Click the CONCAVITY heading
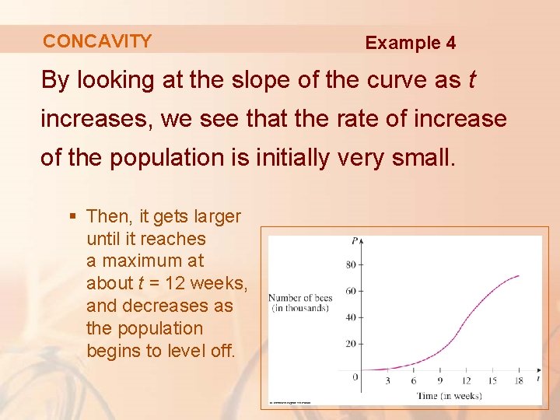[x=97, y=41]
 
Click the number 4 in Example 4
[x=450, y=43]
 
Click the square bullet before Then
[x=75, y=215]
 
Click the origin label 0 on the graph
[x=355, y=377]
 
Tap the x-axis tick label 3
[x=388, y=381]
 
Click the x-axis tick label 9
[x=439, y=381]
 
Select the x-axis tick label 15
[x=492, y=381]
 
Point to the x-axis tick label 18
[x=519, y=381]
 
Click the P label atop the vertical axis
[x=355, y=242]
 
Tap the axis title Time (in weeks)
[x=449, y=396]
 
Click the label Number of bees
[x=300, y=298]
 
